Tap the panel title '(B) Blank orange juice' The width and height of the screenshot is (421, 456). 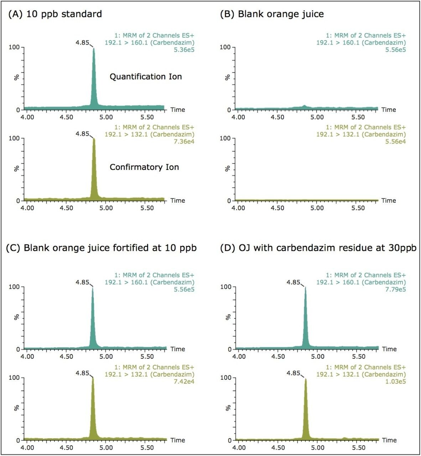272,14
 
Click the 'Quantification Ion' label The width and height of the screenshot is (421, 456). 146,77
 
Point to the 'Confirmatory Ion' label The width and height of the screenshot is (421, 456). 144,167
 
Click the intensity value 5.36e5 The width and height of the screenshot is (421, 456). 185,50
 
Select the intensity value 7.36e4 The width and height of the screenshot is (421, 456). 185,142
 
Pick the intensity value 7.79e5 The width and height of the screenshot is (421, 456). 396,289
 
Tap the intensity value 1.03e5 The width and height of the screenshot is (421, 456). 396,382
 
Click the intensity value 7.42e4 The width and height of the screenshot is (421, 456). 185,382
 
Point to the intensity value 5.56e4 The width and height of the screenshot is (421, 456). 396,142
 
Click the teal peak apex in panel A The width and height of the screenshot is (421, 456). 94,49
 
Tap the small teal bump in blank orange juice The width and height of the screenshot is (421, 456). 304,106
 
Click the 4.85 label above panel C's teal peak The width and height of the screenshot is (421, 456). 82,283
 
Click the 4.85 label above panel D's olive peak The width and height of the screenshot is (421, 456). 293,373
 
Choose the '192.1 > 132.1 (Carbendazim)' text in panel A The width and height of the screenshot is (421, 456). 150,135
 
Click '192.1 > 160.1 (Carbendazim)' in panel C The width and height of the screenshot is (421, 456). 150,282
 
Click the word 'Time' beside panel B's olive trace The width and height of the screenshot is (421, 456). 389,201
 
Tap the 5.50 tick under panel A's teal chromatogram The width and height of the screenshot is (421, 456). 147,117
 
